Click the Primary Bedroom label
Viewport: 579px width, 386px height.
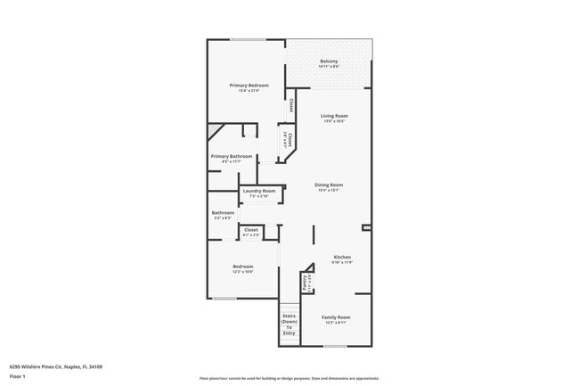[249, 86]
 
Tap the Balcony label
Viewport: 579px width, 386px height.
[329, 61]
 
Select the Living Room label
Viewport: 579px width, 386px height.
[334, 116]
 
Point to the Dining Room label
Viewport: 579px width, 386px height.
[329, 185]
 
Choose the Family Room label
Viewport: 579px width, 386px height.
[336, 317]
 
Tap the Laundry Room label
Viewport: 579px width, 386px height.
[259, 191]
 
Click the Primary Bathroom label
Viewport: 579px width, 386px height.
[232, 156]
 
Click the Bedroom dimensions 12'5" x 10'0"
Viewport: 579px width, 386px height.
[243, 272]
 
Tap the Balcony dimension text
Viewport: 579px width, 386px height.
[329, 66]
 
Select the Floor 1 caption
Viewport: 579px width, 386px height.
[18, 376]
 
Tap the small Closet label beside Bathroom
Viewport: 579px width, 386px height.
[251, 230]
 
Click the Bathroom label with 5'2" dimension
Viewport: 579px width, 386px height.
[223, 212]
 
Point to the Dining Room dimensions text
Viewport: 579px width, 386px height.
[329, 190]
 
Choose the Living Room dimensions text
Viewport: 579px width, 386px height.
[334, 121]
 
